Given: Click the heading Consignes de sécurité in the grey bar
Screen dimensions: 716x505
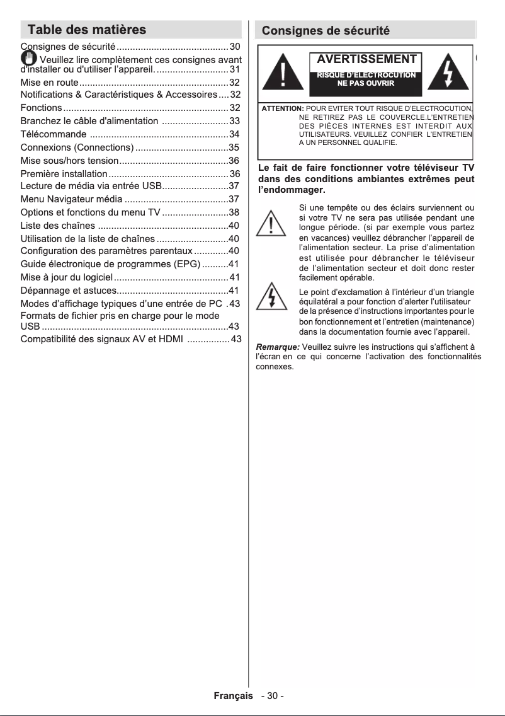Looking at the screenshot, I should [x=326, y=31].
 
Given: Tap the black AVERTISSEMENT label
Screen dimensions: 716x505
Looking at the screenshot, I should [x=366, y=60].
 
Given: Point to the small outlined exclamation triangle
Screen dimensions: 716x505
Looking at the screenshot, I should [x=270, y=224].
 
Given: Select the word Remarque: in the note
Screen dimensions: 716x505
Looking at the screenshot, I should [x=278, y=346].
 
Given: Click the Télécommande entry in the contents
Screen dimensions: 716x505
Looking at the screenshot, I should [x=54, y=134].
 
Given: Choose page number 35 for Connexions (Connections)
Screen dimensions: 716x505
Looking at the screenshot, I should [x=234, y=147].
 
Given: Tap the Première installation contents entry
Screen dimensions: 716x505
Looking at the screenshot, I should [x=64, y=173].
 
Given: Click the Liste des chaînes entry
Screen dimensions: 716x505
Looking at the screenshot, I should [x=58, y=226].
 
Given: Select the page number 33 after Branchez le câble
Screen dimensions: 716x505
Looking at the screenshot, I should [x=234, y=121].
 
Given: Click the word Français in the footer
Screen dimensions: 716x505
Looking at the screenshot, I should [x=234, y=695].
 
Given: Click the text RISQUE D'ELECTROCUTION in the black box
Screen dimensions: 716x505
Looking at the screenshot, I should [x=366, y=75].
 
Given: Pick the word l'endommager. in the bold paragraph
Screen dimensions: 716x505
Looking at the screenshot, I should [x=292, y=190].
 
